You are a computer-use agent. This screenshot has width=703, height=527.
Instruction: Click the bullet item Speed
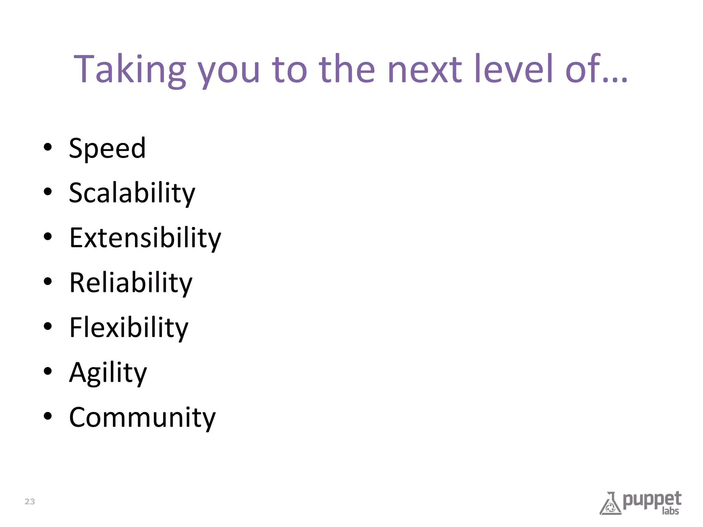(107, 148)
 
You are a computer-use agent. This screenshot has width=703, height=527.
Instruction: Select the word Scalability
(132, 193)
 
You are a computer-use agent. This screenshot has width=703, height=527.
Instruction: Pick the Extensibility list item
(145, 238)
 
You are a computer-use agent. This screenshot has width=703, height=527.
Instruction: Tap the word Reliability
(131, 283)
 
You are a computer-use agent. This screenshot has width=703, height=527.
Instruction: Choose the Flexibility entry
(129, 328)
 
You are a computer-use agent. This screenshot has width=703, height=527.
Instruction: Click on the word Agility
(108, 373)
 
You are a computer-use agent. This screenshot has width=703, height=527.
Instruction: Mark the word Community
(142, 418)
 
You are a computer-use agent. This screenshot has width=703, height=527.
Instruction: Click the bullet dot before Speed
(48, 147)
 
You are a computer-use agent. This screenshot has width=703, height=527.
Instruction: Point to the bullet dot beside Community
(48, 416)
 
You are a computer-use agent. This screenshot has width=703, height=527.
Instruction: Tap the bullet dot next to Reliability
(48, 282)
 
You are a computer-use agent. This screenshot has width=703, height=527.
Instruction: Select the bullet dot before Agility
(48, 371)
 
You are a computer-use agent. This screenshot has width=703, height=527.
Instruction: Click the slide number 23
(30, 502)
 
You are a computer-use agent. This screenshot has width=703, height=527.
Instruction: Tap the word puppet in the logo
(652, 500)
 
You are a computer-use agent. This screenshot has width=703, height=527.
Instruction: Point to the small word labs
(670, 511)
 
